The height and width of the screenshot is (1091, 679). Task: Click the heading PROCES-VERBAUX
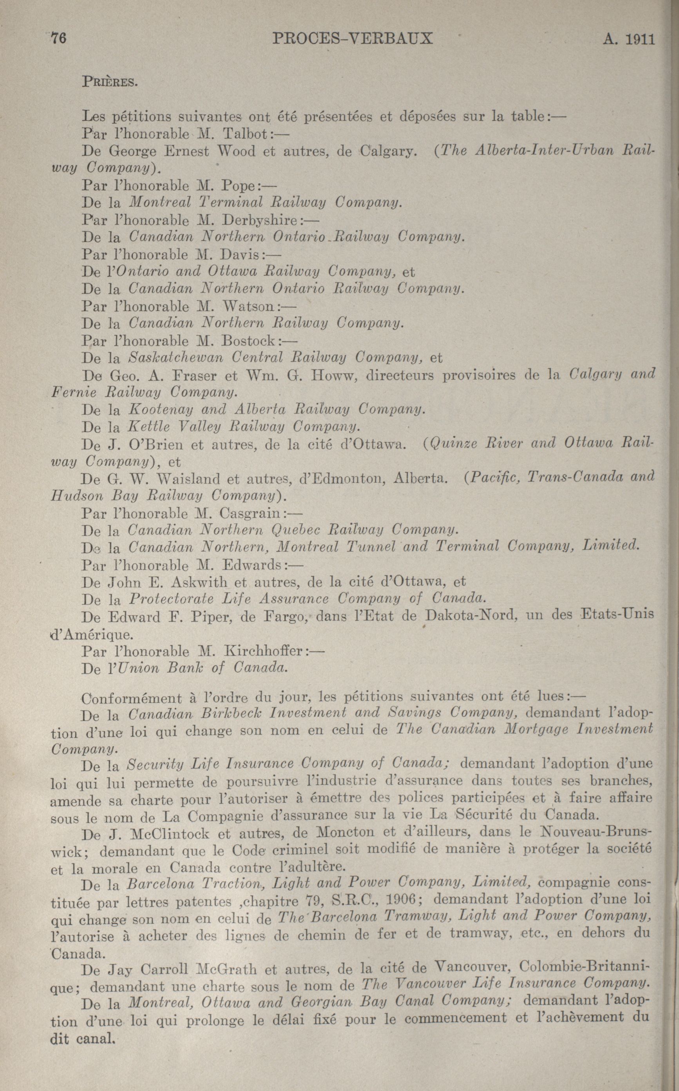pos(352,39)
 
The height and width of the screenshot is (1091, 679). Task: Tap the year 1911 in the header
pos(639,40)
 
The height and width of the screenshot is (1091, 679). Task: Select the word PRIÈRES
pos(109,82)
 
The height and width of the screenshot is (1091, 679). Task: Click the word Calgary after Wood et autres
pos(391,151)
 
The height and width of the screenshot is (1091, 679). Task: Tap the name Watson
pos(248,306)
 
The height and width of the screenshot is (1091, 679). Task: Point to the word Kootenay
pos(160,410)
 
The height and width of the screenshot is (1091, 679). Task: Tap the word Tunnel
pos(369,547)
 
